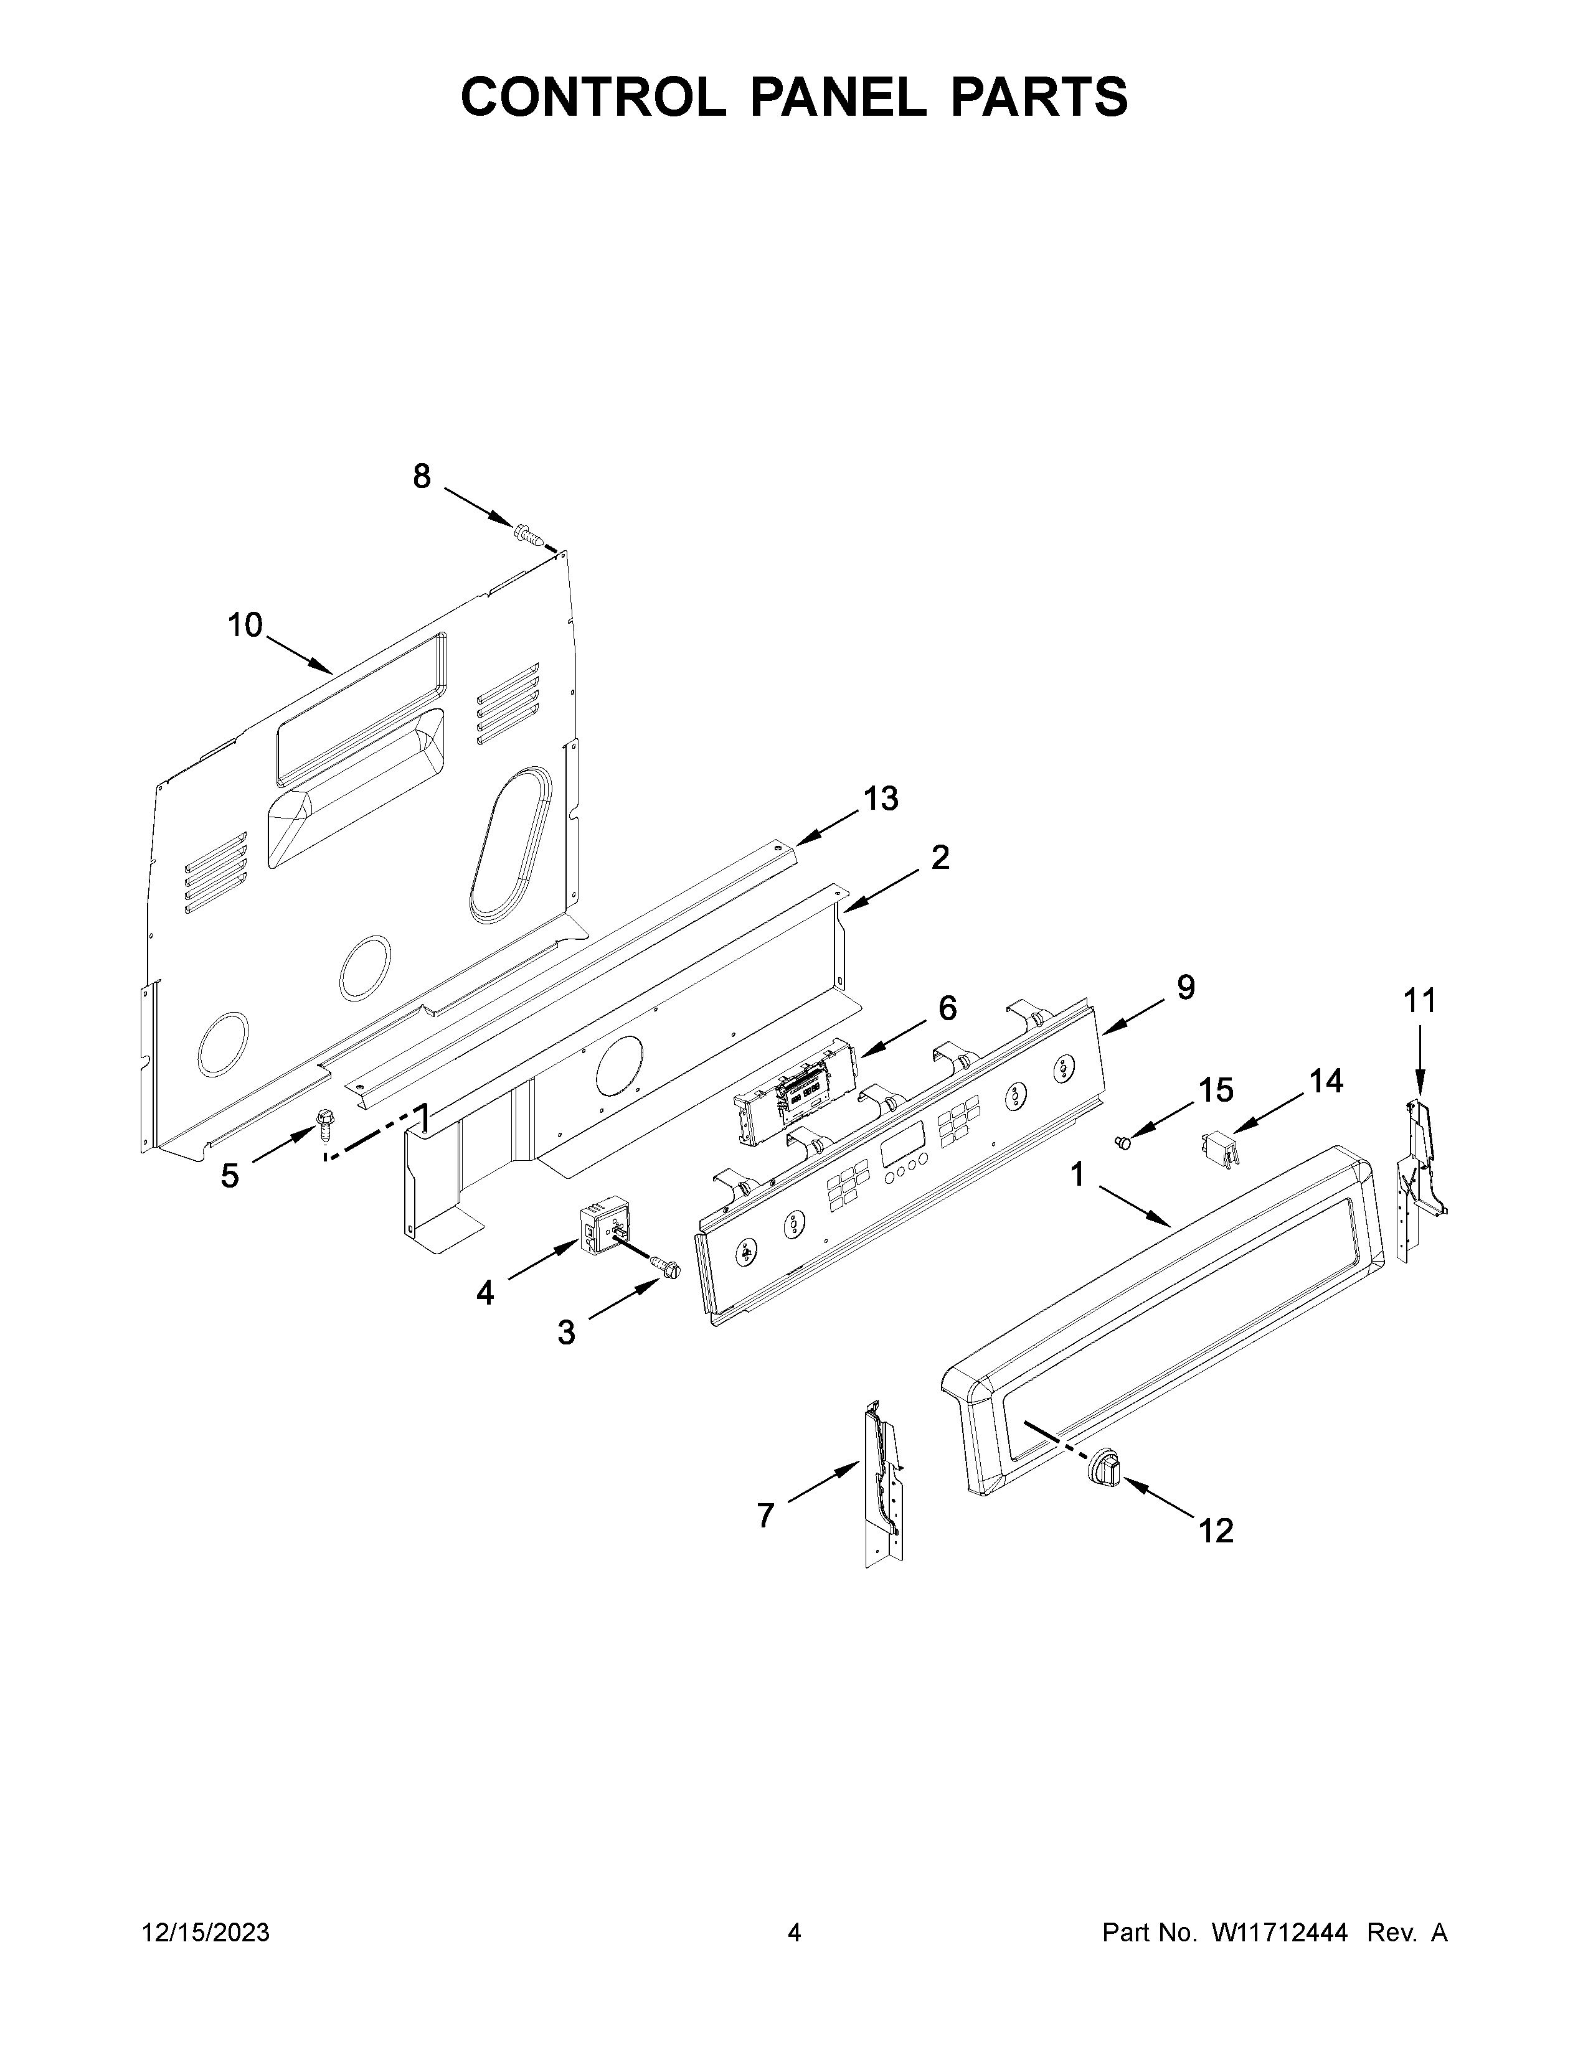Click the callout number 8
pos(422,477)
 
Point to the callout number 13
pos(881,799)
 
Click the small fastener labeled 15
pos(1120,1142)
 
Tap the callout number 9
pos(1185,988)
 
